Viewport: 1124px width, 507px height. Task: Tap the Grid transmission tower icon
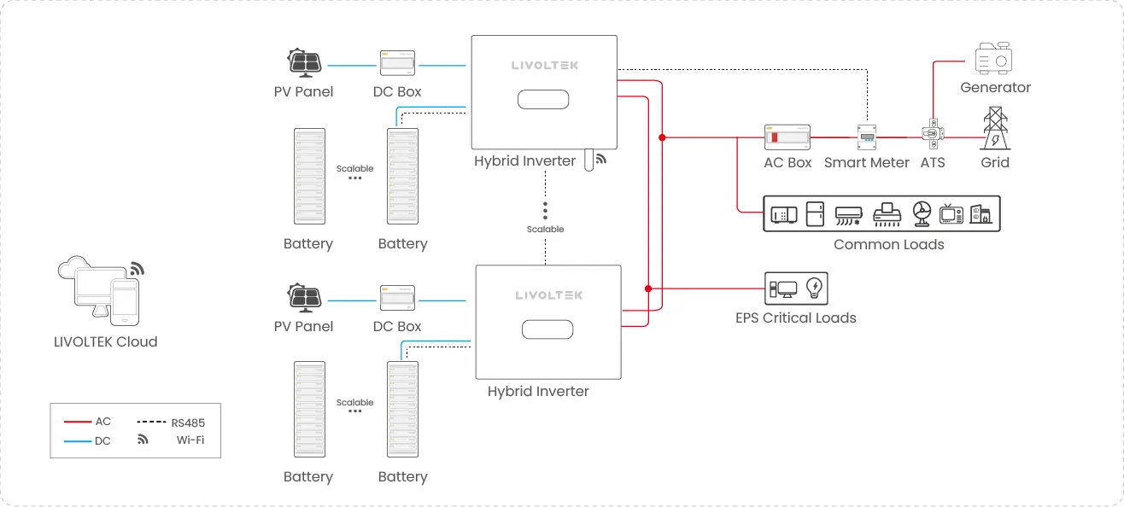994,129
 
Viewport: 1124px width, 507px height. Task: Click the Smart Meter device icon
867,137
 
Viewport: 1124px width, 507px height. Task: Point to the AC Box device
787,137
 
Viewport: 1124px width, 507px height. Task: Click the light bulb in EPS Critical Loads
814,288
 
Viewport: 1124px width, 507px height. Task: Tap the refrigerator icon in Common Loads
815,214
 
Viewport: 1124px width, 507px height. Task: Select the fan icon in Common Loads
920,213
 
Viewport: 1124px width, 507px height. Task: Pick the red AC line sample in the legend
78,422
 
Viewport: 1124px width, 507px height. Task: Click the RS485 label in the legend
188,422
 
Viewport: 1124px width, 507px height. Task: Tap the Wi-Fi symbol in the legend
143,440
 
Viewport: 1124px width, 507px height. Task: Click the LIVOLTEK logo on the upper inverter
543,65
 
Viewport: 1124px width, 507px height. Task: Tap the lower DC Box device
397,300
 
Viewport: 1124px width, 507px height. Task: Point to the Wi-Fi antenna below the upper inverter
589,160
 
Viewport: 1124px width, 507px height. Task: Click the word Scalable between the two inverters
545,230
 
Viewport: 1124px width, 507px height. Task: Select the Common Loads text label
888,245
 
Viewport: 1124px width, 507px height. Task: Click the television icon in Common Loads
951,214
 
